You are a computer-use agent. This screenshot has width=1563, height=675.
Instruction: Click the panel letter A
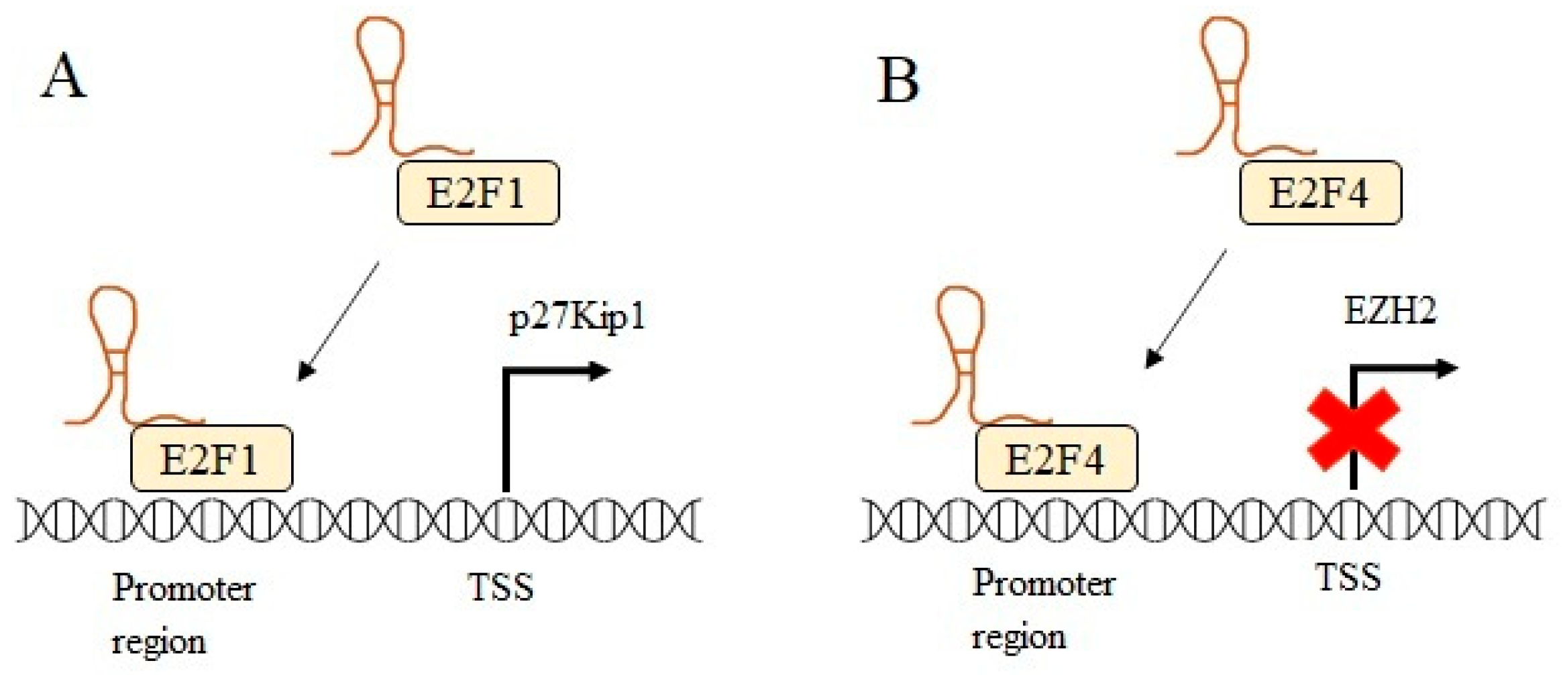point(64,77)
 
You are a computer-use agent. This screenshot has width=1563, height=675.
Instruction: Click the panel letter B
point(898,80)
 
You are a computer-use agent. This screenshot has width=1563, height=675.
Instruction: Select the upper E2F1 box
point(478,193)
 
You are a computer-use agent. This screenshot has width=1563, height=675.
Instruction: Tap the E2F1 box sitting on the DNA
point(211,459)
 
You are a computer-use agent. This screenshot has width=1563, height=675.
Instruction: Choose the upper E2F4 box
point(1320,193)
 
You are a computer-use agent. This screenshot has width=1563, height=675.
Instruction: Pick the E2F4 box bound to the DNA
point(1057,459)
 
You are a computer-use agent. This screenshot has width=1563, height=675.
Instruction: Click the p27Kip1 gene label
point(577,315)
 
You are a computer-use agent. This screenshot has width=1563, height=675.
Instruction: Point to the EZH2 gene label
point(1390,310)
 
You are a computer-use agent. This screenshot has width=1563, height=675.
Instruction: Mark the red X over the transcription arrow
point(1354,430)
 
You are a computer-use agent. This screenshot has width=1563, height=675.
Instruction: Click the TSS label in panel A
point(500,587)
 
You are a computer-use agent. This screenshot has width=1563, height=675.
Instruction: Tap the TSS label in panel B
point(1348,577)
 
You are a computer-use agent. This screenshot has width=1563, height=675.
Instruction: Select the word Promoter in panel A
point(183,589)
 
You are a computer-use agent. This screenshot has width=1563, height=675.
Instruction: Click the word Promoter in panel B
point(1043,582)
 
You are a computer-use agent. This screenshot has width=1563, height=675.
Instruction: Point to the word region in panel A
point(158,642)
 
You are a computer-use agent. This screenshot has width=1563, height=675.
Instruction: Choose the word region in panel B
point(1018,637)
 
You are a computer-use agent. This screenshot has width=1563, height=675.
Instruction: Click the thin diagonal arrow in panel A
point(339,320)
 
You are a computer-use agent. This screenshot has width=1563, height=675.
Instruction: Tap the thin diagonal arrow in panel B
point(1186,308)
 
